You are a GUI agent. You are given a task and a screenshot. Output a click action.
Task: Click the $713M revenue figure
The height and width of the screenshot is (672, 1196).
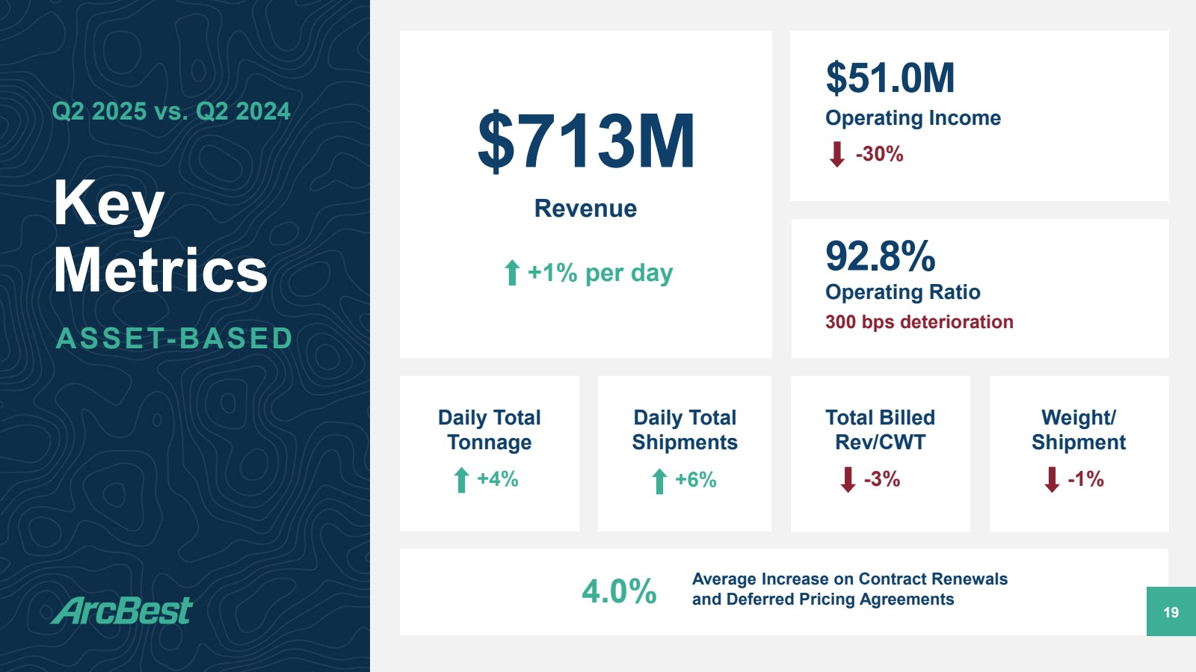point(586,141)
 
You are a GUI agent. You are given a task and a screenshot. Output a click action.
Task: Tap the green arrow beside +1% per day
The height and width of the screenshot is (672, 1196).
point(512,273)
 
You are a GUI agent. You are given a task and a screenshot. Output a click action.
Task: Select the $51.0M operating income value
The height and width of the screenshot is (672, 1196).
point(890,78)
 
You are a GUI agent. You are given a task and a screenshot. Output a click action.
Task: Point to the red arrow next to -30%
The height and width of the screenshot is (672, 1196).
point(837,155)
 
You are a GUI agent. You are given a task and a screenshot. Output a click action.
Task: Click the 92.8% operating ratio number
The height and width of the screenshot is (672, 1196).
point(880,256)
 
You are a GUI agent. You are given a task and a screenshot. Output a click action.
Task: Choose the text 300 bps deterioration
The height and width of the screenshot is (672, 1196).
point(919,322)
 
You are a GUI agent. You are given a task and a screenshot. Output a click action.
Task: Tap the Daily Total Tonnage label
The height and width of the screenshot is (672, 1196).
point(489,430)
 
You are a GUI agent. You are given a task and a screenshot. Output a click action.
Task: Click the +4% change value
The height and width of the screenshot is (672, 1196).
point(498,479)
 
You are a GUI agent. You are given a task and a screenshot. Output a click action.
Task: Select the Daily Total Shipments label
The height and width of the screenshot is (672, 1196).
point(685,430)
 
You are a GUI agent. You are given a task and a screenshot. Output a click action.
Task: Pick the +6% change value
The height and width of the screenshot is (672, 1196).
point(696,480)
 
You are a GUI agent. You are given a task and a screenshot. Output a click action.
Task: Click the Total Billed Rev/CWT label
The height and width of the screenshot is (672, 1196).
point(880,430)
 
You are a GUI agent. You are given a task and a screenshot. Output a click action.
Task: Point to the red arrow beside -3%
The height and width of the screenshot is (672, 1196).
point(848,480)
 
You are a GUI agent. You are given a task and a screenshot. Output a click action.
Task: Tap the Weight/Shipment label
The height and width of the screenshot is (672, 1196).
point(1079,430)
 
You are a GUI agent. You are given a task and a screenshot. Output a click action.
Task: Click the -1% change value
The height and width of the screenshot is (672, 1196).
point(1086,479)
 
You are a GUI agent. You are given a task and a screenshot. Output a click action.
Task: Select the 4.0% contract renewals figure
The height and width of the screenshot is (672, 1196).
point(619,592)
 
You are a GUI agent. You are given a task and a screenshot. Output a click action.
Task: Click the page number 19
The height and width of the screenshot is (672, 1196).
point(1171,612)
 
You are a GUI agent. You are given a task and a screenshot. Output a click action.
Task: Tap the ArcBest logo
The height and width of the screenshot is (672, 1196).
point(123,611)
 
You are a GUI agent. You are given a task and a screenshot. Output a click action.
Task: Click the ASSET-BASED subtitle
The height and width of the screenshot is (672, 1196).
point(175,339)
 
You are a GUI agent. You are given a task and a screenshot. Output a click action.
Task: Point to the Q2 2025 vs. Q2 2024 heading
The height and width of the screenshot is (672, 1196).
point(171,111)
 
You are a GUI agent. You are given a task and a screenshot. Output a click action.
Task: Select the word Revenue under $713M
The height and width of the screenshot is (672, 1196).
point(585,209)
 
